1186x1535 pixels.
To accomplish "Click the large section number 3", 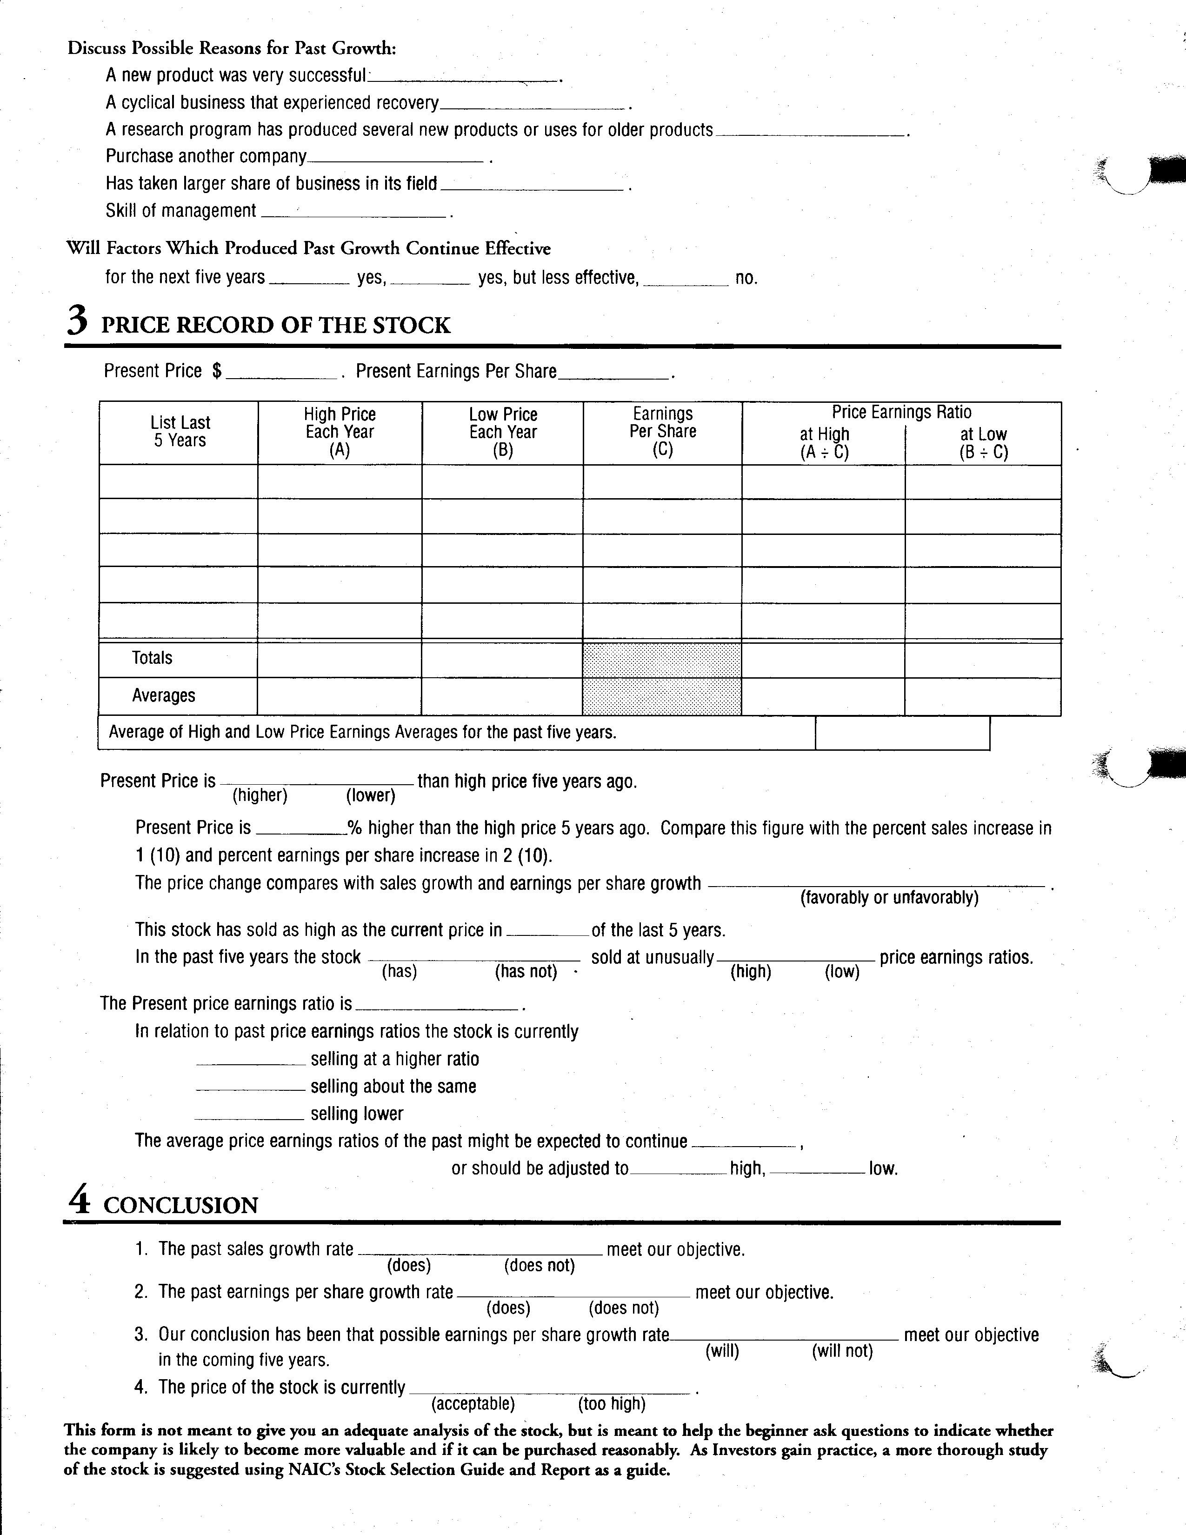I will [x=78, y=322].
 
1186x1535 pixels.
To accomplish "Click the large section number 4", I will [x=80, y=1201].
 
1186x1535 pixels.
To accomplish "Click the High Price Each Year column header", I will [x=340, y=432].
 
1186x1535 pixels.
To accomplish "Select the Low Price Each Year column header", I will [x=503, y=432].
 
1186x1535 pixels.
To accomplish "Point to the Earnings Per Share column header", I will [x=663, y=432].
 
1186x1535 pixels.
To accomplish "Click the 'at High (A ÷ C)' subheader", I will [x=824, y=443].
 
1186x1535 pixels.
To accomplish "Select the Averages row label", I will [x=164, y=696].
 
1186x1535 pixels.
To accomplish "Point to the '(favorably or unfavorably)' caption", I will [x=889, y=898].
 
